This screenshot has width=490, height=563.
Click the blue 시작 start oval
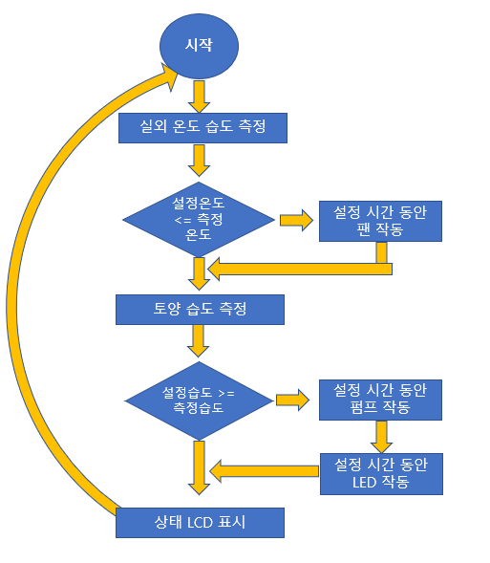point(199,46)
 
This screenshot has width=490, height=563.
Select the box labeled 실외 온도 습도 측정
point(202,128)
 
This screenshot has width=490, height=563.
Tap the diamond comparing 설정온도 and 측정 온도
point(199,219)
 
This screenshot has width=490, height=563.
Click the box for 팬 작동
point(380,221)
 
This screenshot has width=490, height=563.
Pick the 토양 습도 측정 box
point(200,310)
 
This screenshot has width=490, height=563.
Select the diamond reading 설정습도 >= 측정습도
point(199,401)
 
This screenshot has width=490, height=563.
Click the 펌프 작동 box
point(380,400)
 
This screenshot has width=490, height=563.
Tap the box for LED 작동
point(381,474)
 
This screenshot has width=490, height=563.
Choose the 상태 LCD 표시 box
point(200,523)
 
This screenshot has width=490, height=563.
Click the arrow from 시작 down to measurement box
point(199,97)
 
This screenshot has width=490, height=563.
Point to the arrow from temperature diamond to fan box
point(296,220)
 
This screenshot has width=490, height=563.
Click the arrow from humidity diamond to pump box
point(292,400)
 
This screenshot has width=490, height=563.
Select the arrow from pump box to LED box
point(381,437)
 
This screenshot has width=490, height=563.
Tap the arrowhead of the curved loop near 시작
point(170,76)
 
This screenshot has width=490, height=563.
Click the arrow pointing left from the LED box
point(264,471)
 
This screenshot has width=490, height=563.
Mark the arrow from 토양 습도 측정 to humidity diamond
point(199,341)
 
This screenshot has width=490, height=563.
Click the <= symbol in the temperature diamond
point(183,220)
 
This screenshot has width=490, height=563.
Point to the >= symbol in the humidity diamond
point(226,393)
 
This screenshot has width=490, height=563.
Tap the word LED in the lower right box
point(365,482)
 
